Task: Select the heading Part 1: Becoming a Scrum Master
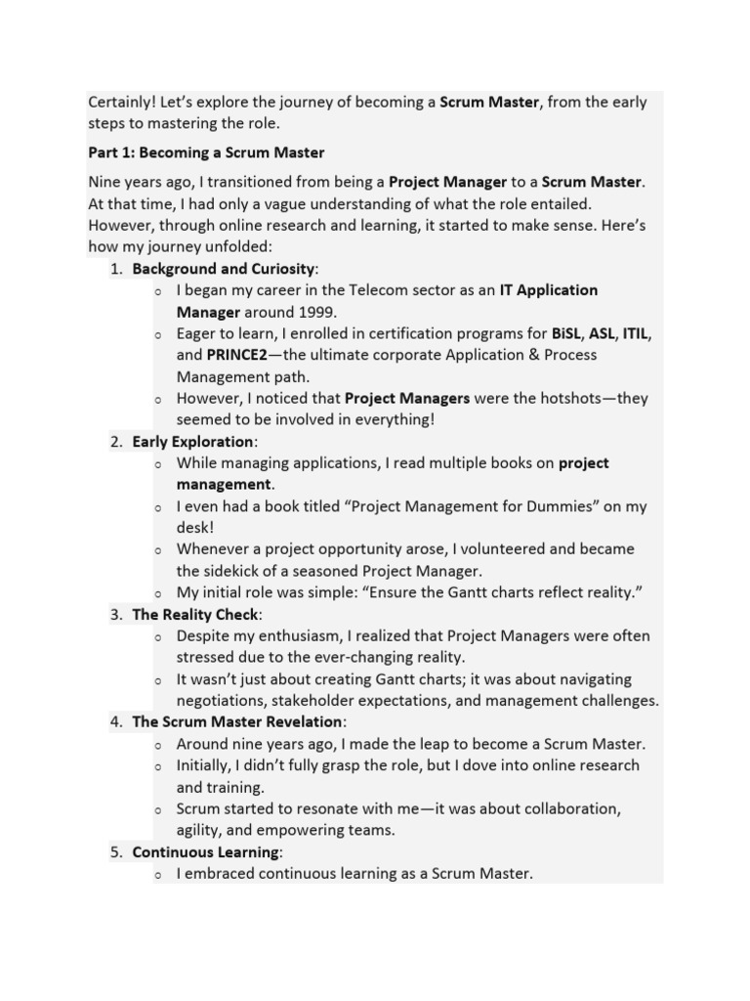(206, 153)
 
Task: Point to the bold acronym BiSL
(567, 334)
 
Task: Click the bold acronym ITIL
(636, 334)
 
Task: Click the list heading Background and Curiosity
(224, 269)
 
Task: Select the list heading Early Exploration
(192, 442)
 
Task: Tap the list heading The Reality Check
(195, 615)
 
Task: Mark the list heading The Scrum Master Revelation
(237, 722)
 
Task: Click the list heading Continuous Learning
(206, 852)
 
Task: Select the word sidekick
(236, 571)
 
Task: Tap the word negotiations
(221, 701)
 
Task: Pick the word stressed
(206, 658)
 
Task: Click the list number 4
(115, 722)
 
